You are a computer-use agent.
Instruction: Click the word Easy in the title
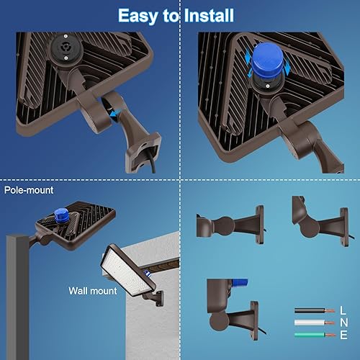pyautogui.click(x=138, y=15)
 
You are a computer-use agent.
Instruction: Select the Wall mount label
pyautogui.click(x=92, y=291)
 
